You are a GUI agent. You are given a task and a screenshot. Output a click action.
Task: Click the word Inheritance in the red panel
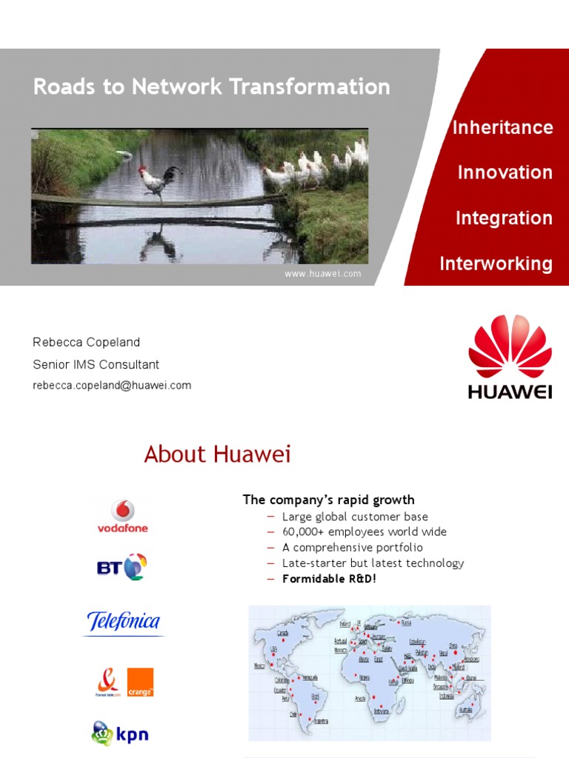[x=502, y=127]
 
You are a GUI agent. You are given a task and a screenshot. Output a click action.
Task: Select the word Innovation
[x=505, y=172]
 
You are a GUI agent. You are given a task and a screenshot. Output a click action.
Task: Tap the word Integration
[x=504, y=218]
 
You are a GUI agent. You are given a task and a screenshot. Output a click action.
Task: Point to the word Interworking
[x=496, y=264]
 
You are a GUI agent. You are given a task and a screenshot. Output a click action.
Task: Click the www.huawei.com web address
[x=322, y=274]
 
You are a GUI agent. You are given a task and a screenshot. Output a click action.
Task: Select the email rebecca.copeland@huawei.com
[x=112, y=386]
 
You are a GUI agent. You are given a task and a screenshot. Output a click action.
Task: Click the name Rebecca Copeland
[x=86, y=342]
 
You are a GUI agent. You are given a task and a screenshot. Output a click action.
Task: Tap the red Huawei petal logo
[x=510, y=346]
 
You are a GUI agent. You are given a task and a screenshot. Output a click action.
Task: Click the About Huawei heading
[x=217, y=455]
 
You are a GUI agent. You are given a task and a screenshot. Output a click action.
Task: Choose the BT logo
[x=123, y=568]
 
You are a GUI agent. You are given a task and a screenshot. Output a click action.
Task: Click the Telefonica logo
[x=123, y=621]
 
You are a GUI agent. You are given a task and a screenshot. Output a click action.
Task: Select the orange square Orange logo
[x=140, y=682]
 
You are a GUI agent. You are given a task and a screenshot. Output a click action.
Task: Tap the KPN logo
[x=120, y=734]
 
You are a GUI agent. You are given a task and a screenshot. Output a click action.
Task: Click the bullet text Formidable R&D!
[x=329, y=579]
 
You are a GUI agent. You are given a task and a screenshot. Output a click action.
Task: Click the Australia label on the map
[x=466, y=710]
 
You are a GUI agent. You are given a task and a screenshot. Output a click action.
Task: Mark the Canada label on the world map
[x=283, y=633]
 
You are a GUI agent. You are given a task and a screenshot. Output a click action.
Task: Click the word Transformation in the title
[x=310, y=87]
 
